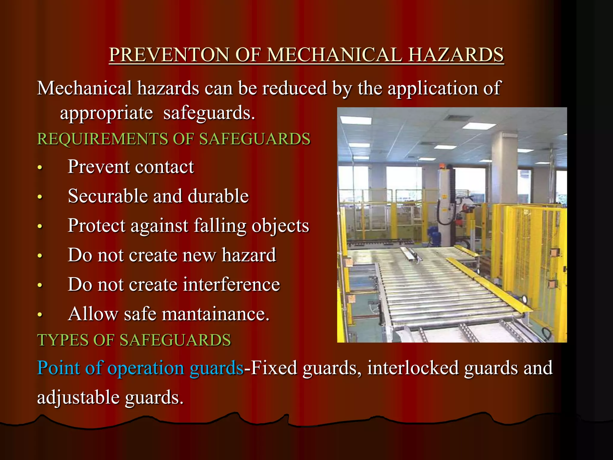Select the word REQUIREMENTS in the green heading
tap(102, 139)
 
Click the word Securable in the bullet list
tap(108, 196)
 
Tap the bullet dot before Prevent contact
tap(40, 168)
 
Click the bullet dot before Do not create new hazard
tap(40, 256)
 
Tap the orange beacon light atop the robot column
tap(442, 166)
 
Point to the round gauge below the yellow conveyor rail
tap(524, 299)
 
